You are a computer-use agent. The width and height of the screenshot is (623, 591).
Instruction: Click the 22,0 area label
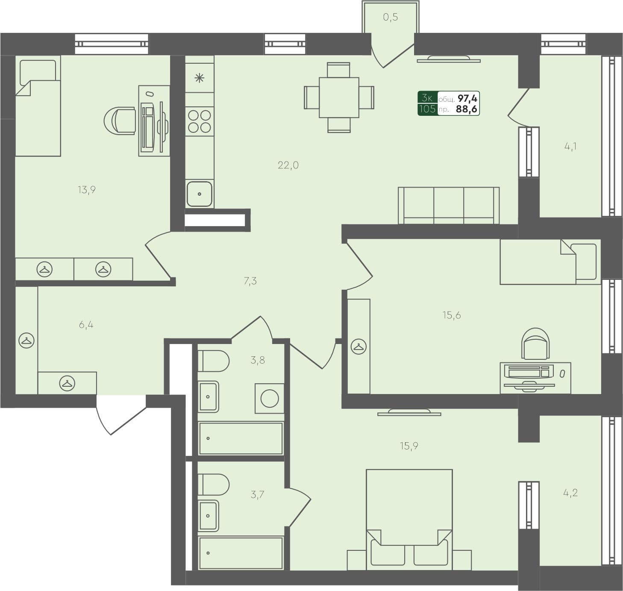[288, 165]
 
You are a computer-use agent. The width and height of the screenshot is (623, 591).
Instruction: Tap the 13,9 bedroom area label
[86, 190]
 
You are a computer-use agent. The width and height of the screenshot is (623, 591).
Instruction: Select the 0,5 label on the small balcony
[390, 17]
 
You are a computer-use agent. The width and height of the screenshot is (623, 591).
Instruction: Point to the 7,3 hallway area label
[250, 281]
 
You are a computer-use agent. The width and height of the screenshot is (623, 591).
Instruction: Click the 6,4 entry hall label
[86, 325]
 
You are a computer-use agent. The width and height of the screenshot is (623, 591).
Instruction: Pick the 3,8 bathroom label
[257, 360]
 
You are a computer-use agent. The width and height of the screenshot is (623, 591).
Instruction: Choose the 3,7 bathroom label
[257, 495]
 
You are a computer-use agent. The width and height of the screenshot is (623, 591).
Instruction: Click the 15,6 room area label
[451, 315]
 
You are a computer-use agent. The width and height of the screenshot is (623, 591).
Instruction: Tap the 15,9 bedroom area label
[409, 446]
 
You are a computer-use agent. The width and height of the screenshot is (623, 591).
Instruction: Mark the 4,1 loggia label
[570, 147]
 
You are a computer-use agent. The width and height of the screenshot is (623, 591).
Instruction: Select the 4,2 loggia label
[570, 493]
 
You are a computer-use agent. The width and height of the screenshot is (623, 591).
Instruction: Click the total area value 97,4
[467, 99]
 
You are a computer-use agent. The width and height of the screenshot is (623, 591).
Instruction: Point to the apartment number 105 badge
[427, 109]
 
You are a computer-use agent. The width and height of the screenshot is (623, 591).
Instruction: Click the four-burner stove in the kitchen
[200, 121]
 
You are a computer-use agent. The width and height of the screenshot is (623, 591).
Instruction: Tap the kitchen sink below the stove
[200, 194]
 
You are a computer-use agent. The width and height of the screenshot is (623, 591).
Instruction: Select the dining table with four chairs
[339, 97]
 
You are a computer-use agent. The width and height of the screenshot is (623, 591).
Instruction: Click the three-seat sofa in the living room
[448, 205]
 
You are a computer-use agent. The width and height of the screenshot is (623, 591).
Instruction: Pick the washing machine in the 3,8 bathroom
[270, 398]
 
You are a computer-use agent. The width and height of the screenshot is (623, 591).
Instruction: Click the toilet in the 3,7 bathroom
[213, 484]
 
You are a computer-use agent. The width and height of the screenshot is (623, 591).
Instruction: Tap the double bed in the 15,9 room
[409, 519]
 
